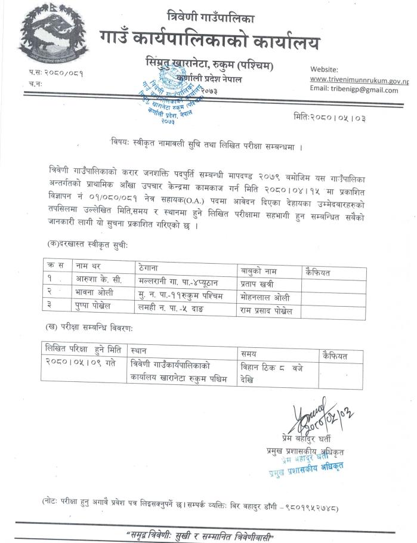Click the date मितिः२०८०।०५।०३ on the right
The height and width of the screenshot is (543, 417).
click(x=329, y=118)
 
